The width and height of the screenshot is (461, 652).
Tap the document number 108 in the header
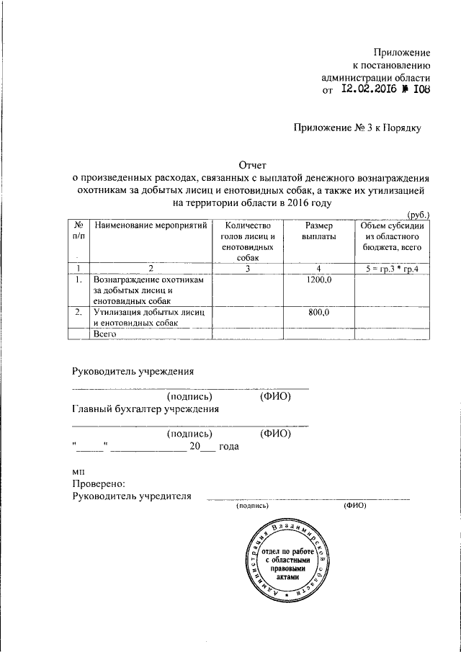click(421, 91)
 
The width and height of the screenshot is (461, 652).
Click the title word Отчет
click(252, 164)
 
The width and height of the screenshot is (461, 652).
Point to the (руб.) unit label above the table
click(419, 215)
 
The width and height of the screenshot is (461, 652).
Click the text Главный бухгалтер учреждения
click(146, 409)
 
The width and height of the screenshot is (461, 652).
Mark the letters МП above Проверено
click(79, 471)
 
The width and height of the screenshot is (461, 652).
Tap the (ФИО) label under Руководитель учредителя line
click(356, 506)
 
